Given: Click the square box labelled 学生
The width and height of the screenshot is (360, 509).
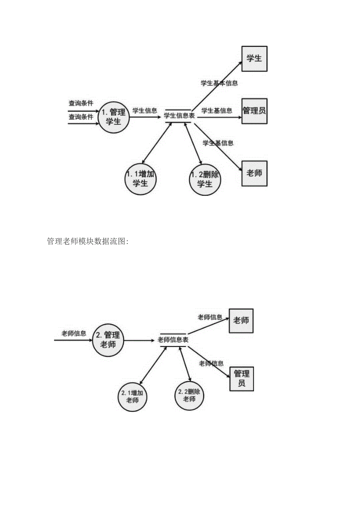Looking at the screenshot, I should pyautogui.click(x=254, y=59).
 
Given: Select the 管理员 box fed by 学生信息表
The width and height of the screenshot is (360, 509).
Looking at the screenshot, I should pyautogui.click(x=254, y=111).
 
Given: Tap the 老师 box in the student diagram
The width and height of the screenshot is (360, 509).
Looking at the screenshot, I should pyautogui.click(x=254, y=173).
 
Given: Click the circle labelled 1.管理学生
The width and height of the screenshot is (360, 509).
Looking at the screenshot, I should pyautogui.click(x=113, y=116).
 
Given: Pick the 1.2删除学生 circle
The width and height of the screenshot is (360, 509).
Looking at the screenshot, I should pyautogui.click(x=205, y=179).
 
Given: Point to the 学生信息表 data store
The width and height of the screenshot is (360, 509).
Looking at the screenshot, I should pyautogui.click(x=178, y=116).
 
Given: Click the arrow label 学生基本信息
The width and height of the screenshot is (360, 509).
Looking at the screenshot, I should pyautogui.click(x=219, y=83).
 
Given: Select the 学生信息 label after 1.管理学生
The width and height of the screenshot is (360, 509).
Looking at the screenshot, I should pyautogui.click(x=145, y=111).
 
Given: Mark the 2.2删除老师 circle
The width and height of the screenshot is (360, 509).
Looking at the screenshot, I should pyautogui.click(x=189, y=395).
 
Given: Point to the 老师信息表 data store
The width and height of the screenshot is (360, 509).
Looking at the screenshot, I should pyautogui.click(x=173, y=340).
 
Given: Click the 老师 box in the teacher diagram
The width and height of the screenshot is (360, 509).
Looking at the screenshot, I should pyautogui.click(x=241, y=321).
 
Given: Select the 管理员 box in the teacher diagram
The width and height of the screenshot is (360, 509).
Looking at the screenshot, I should pyautogui.click(x=241, y=379).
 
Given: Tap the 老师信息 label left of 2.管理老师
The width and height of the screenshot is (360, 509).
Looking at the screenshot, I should pyautogui.click(x=74, y=333).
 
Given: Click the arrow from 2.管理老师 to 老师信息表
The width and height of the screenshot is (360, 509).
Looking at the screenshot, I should pyautogui.click(x=139, y=341).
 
